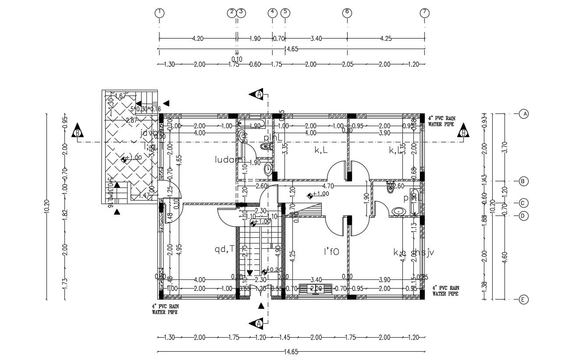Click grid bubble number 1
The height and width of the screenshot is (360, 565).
[x=159, y=13]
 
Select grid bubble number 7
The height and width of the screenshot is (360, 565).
[x=424, y=13]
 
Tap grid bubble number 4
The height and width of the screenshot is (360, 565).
[x=273, y=13]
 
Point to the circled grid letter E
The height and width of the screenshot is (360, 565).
[x=523, y=300]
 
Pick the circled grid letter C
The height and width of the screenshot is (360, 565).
[x=523, y=203]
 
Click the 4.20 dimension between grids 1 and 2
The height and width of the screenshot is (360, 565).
[x=198, y=39]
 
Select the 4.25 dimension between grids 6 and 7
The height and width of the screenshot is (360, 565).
[x=386, y=39]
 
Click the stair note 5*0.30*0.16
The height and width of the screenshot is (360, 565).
[x=146, y=109]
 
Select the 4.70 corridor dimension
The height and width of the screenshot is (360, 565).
[x=328, y=186]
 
